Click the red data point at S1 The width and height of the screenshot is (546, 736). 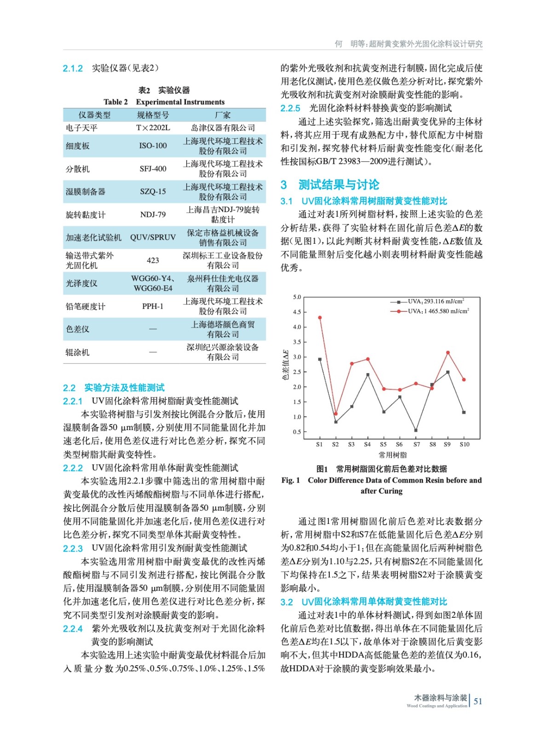click(x=320, y=317)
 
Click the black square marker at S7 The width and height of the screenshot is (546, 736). click(x=416, y=431)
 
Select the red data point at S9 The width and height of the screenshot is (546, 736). click(x=448, y=353)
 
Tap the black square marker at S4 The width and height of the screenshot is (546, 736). click(x=368, y=375)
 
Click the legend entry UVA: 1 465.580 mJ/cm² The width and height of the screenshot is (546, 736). click(x=438, y=311)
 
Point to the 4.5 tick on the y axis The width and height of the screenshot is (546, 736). click(x=297, y=312)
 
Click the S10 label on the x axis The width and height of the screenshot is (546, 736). click(x=465, y=444)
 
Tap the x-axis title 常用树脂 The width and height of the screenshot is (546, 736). click(x=393, y=455)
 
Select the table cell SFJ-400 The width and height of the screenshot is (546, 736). click(x=153, y=169)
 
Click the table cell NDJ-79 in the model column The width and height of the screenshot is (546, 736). click(x=153, y=214)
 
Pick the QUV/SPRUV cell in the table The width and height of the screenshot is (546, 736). click(x=153, y=237)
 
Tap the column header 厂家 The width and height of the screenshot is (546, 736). click(x=223, y=115)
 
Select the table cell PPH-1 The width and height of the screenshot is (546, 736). click(x=153, y=306)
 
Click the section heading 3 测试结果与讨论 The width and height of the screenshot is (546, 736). click(x=330, y=185)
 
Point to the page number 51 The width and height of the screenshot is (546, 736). click(x=478, y=701)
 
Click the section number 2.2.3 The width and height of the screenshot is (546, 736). click(x=73, y=548)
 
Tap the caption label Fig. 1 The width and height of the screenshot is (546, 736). click(x=291, y=480)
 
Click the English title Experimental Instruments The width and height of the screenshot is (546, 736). click(x=180, y=102)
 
